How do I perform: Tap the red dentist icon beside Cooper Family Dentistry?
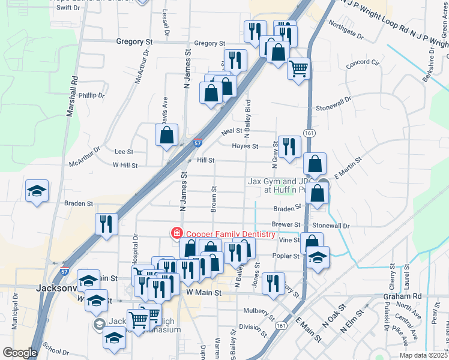tap(177, 233)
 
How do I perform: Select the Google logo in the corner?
tap(20, 353)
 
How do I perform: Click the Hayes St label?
tap(246, 146)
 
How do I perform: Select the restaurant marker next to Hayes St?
tap(289, 146)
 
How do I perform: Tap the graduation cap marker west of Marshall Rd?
tap(37, 191)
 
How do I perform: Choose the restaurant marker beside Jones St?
tap(274, 283)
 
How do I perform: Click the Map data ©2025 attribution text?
tap(423, 355)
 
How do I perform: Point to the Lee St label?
tap(124, 152)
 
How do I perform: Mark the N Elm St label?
tap(352, 320)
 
